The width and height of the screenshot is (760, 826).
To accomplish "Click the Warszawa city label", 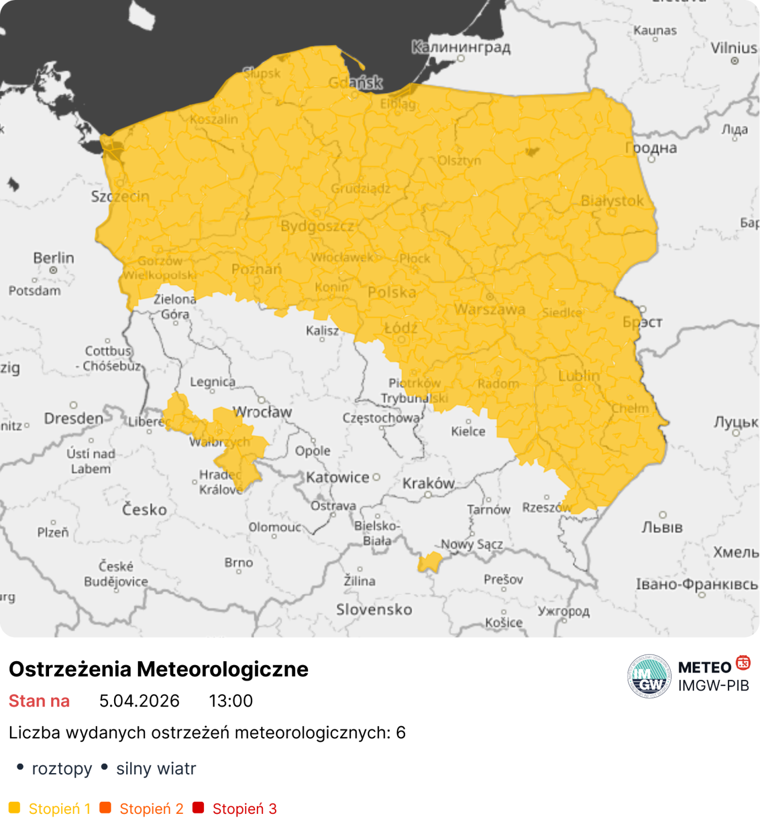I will pyautogui.click(x=489, y=310).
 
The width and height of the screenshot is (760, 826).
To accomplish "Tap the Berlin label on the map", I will pyautogui.click(x=53, y=258).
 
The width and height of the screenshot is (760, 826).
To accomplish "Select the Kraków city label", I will pyautogui.click(x=428, y=483).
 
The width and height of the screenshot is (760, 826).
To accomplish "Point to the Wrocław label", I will pyautogui.click(x=262, y=412).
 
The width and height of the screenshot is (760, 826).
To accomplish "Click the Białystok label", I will pyautogui.click(x=612, y=201).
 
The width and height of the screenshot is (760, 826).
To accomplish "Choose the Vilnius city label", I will pyautogui.click(x=734, y=48).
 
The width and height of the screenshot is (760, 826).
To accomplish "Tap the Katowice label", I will pyautogui.click(x=337, y=477).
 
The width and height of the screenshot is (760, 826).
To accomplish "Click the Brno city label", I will pyautogui.click(x=239, y=563).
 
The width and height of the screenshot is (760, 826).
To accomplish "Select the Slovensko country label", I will pyautogui.click(x=374, y=609).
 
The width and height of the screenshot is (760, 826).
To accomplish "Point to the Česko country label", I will pyautogui.click(x=144, y=510).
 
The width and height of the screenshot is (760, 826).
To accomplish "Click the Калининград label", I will pyautogui.click(x=461, y=47).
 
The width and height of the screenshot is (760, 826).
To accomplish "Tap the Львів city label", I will pyautogui.click(x=662, y=527).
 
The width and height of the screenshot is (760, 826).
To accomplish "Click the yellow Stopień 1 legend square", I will pyautogui.click(x=14, y=808).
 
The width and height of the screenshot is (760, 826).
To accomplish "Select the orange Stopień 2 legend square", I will pyautogui.click(x=105, y=808).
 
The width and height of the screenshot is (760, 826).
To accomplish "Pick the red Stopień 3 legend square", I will pyautogui.click(x=198, y=808).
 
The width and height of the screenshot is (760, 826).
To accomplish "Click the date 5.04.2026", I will pyautogui.click(x=139, y=701).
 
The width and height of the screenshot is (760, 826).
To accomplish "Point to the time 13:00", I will pyautogui.click(x=230, y=701).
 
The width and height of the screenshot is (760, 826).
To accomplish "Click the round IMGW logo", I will pyautogui.click(x=649, y=676).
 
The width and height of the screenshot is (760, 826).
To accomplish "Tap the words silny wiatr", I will pyautogui.click(x=156, y=769).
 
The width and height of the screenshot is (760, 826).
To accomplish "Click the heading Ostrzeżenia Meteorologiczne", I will pyautogui.click(x=159, y=669).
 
